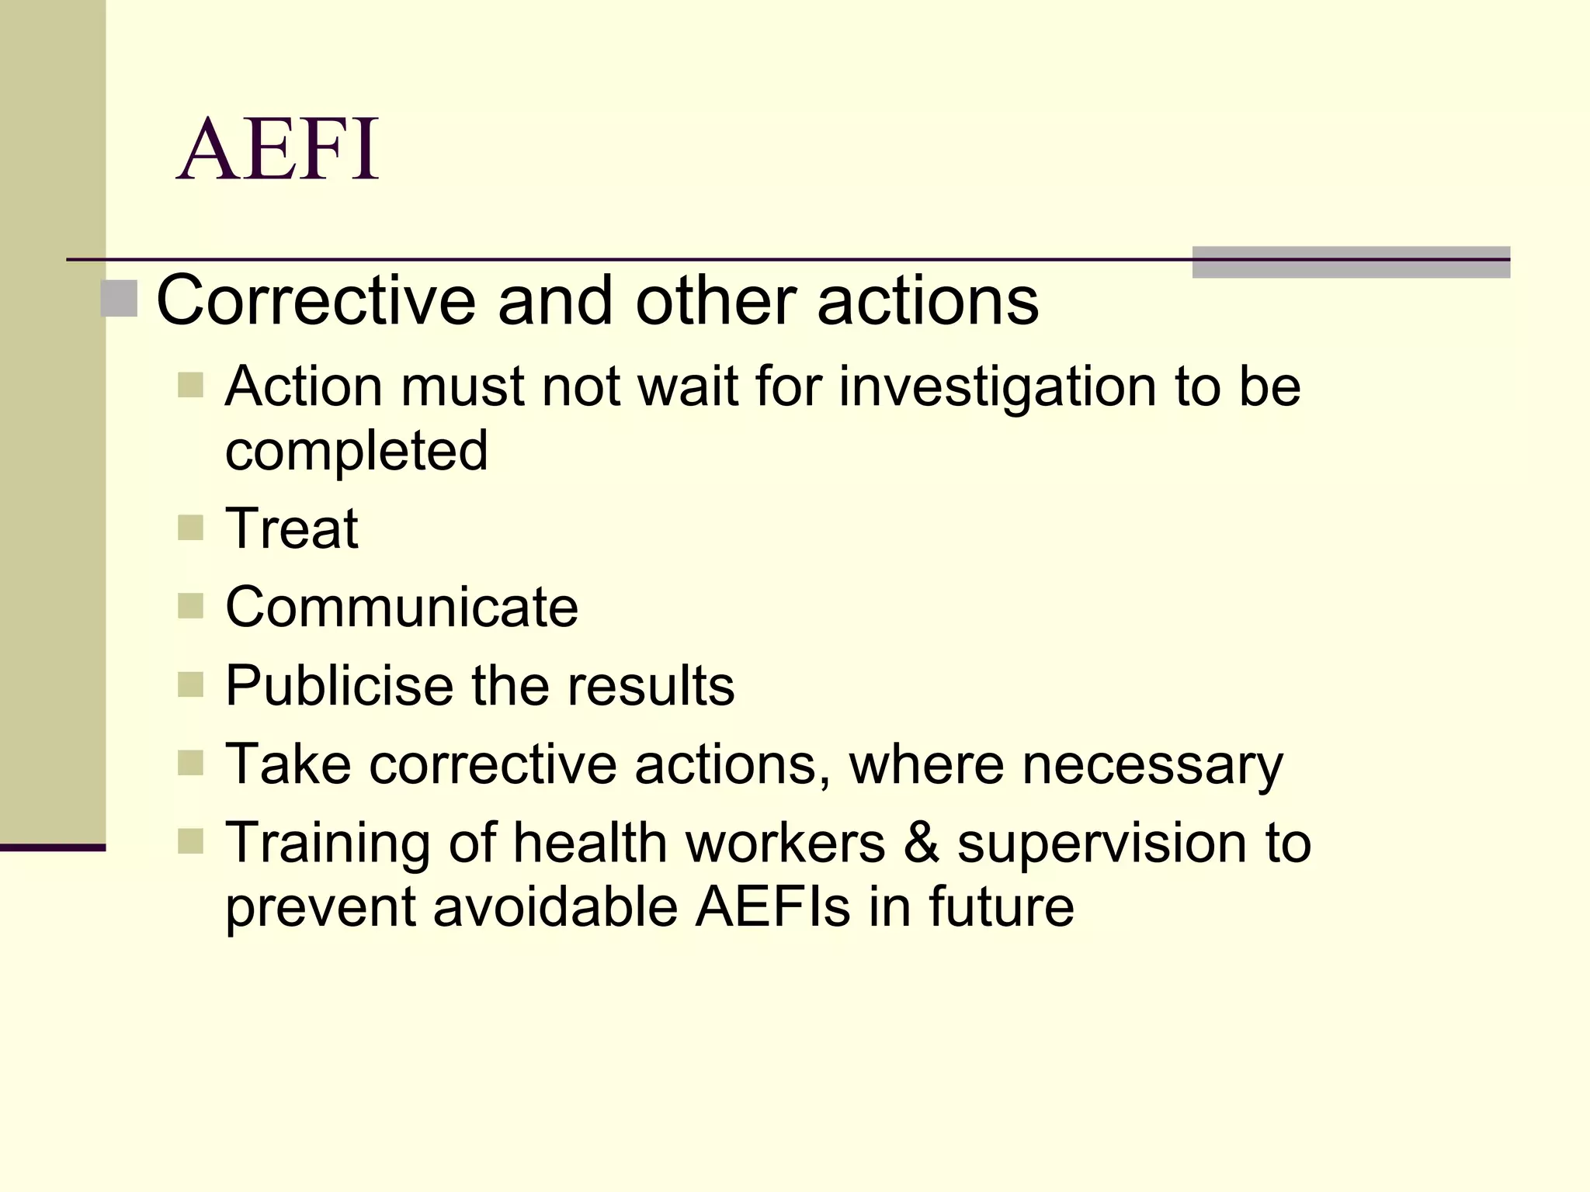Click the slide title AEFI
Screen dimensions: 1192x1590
tap(278, 149)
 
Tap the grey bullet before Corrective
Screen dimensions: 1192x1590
tap(119, 300)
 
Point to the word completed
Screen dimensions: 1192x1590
tap(356, 452)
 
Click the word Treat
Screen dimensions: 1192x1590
tap(291, 528)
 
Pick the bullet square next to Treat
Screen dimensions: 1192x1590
tap(190, 528)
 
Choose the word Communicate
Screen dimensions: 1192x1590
tap(401, 607)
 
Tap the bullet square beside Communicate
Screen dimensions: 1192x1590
tap(190, 606)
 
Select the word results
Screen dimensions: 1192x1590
tap(651, 686)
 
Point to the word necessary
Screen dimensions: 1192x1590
tap(1152, 765)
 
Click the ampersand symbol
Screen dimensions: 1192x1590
tap(921, 843)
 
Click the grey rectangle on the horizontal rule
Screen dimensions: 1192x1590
tap(1350, 262)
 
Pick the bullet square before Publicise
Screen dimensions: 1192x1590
tap(190, 684)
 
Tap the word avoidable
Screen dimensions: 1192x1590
tap(555, 906)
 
